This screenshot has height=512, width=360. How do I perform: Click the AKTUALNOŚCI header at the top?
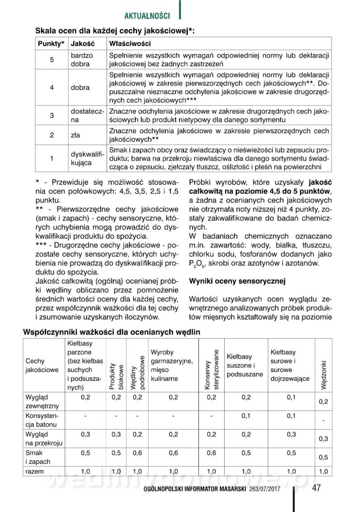point(147,16)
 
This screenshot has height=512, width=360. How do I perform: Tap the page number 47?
point(316,488)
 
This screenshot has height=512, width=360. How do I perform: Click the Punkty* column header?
point(51,44)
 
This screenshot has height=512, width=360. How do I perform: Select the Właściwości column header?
point(130,44)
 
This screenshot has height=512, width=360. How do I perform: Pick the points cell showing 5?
point(52,60)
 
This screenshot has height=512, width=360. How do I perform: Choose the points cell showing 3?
point(52,115)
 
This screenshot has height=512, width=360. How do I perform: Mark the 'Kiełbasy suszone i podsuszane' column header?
point(245,365)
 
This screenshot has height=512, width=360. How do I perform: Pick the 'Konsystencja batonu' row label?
point(41,420)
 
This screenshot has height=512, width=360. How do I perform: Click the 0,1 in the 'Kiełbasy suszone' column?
point(246,416)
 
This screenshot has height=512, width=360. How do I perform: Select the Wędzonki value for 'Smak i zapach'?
point(323,457)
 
